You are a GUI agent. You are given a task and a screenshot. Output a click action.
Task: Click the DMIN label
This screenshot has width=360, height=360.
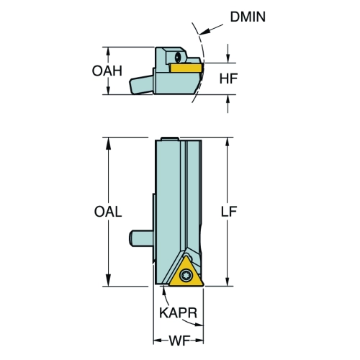248,17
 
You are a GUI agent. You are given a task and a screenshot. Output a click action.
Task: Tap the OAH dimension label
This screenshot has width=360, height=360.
107,71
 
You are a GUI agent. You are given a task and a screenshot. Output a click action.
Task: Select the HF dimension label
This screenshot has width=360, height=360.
228,78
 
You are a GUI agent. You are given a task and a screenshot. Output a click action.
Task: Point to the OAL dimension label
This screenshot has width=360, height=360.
108,212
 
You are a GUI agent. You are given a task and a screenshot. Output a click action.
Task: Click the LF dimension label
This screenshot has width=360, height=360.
229,212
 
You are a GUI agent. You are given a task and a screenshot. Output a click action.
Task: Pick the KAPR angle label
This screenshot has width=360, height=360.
179,312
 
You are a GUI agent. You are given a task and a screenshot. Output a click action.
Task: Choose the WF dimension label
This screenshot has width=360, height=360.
179,341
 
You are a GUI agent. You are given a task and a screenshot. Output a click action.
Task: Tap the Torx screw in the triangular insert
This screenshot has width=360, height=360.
186,275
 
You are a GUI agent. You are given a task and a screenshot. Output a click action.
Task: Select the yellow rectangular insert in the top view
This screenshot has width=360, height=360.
186,68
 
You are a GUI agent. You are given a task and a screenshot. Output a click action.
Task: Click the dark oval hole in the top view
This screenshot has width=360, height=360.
177,57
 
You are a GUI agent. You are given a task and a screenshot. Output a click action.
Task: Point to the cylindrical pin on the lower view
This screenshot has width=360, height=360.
141,238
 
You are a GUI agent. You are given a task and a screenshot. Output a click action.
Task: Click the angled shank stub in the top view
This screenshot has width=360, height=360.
141,84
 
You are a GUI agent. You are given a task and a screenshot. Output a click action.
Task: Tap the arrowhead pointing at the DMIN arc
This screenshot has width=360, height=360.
204,32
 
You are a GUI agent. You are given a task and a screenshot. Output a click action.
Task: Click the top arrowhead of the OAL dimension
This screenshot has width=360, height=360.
108,143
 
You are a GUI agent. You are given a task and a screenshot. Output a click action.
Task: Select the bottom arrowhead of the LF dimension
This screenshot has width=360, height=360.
228,282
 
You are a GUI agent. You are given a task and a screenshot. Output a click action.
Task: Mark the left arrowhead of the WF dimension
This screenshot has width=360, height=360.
158,341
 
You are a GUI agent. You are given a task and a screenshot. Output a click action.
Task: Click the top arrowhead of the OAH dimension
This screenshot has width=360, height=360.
108,52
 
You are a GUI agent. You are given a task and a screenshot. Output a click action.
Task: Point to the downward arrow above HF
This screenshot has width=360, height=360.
228,53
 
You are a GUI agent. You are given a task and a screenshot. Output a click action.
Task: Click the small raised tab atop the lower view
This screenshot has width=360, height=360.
170,139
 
